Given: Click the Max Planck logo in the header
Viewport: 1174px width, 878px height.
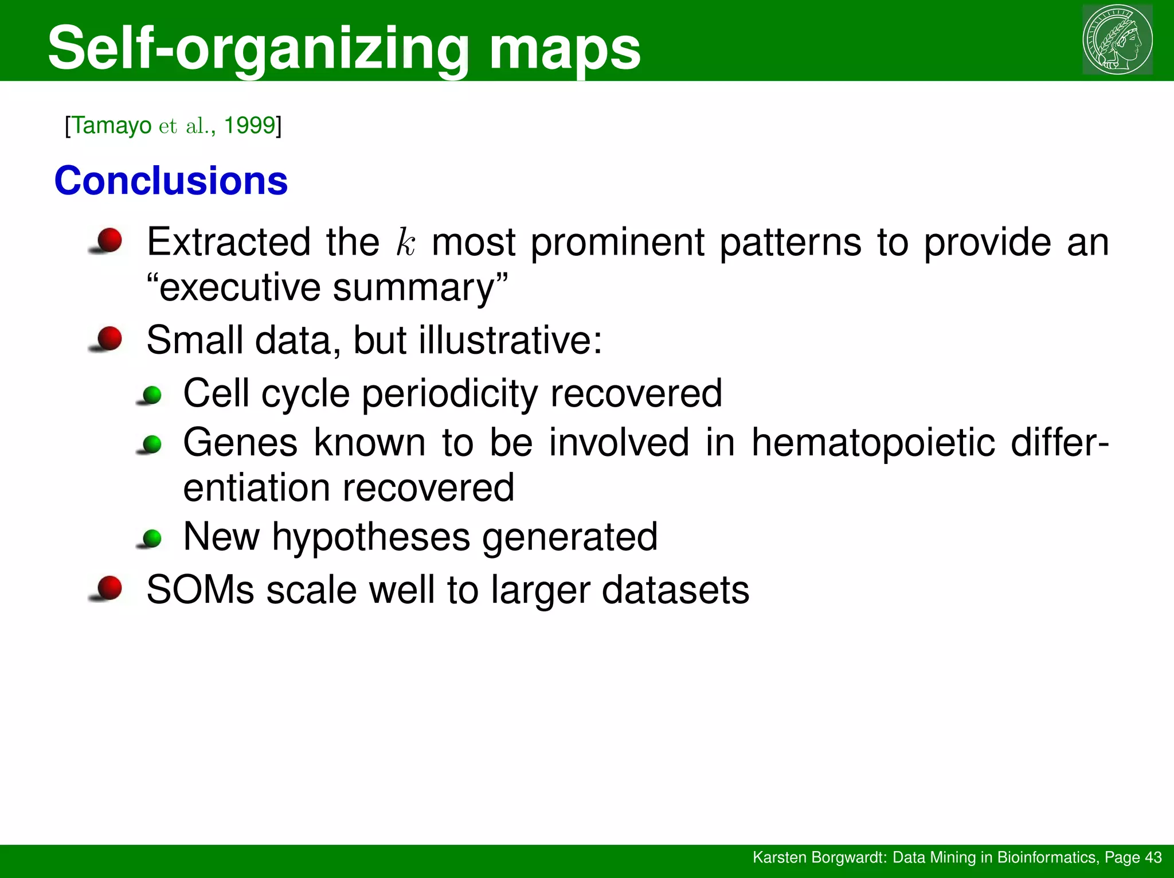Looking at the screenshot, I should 1117,40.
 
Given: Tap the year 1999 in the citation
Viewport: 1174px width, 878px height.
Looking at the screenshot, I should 249,125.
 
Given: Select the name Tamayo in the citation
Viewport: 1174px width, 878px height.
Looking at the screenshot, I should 112,125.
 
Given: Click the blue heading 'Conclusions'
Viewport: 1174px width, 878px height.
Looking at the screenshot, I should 171,181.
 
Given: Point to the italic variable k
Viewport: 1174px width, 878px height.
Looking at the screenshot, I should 405,243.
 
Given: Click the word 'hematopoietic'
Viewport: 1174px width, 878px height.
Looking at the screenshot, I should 873,443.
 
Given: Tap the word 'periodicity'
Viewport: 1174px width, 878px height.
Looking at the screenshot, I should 450,394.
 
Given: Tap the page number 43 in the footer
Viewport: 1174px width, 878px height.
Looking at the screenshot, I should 1152,857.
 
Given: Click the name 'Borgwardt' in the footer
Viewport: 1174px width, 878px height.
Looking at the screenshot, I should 850,857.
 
